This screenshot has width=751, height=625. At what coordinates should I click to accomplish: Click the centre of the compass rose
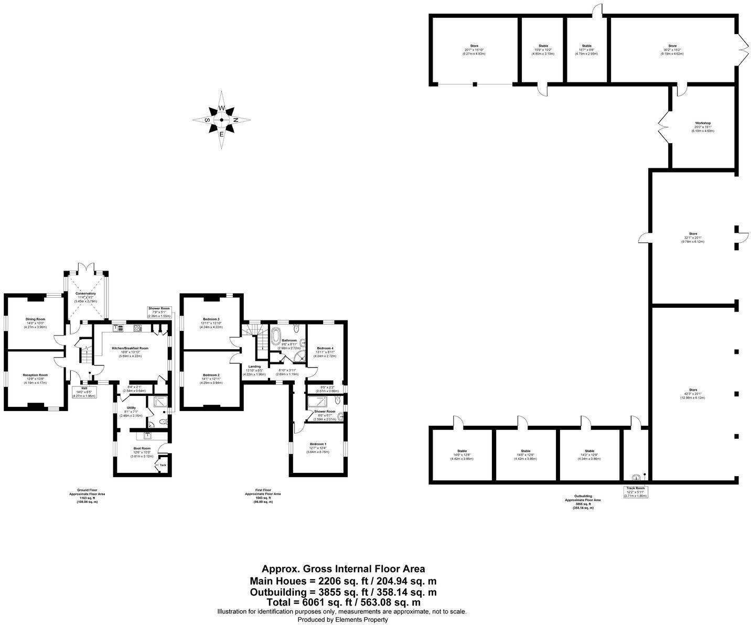[x=221, y=120]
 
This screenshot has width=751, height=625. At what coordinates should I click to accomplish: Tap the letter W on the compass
[x=221, y=108]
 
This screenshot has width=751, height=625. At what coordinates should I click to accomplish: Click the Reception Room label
[x=35, y=375]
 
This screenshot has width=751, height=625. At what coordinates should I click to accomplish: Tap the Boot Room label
[x=142, y=448]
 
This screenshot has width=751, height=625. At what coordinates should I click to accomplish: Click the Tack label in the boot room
[x=163, y=465]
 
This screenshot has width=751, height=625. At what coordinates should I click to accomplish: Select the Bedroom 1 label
[x=317, y=444]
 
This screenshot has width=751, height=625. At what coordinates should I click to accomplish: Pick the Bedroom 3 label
[x=211, y=319]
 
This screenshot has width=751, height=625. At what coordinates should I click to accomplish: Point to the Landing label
[x=254, y=367]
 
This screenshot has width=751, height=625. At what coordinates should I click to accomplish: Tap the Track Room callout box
[x=636, y=491]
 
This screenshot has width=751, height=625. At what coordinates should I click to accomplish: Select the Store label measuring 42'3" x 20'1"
[x=693, y=390]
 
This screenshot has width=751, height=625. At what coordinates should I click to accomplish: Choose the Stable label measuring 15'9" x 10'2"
[x=543, y=46]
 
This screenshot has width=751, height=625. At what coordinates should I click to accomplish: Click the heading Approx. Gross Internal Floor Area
[x=343, y=569]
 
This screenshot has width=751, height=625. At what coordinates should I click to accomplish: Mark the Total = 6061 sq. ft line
[x=343, y=602]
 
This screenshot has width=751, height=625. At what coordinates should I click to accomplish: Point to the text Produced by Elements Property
[x=343, y=619]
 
